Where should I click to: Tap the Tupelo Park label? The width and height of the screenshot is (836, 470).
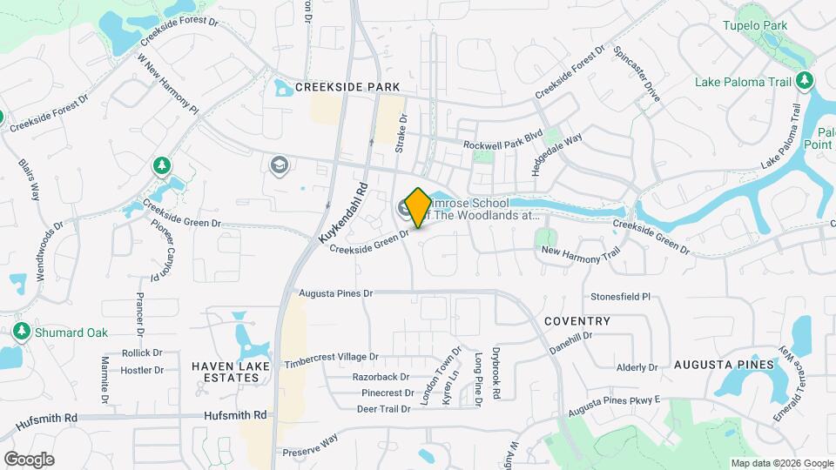[754, 25]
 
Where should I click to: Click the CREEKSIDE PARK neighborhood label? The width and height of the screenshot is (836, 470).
[347, 87]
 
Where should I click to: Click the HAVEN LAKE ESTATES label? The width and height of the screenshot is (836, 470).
[231, 373]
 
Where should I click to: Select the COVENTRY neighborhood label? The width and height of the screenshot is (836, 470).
[576, 321]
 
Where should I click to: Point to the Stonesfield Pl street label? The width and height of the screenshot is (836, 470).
[621, 297]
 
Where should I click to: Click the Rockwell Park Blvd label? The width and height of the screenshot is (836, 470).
[502, 138]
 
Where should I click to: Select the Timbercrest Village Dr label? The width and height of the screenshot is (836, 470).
[332, 357]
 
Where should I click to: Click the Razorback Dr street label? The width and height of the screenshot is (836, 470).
[381, 377]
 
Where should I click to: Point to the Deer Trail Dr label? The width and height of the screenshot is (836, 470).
[383, 408]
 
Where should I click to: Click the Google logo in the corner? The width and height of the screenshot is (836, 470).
[29, 459]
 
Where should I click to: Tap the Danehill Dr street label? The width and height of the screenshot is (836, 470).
[570, 341]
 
